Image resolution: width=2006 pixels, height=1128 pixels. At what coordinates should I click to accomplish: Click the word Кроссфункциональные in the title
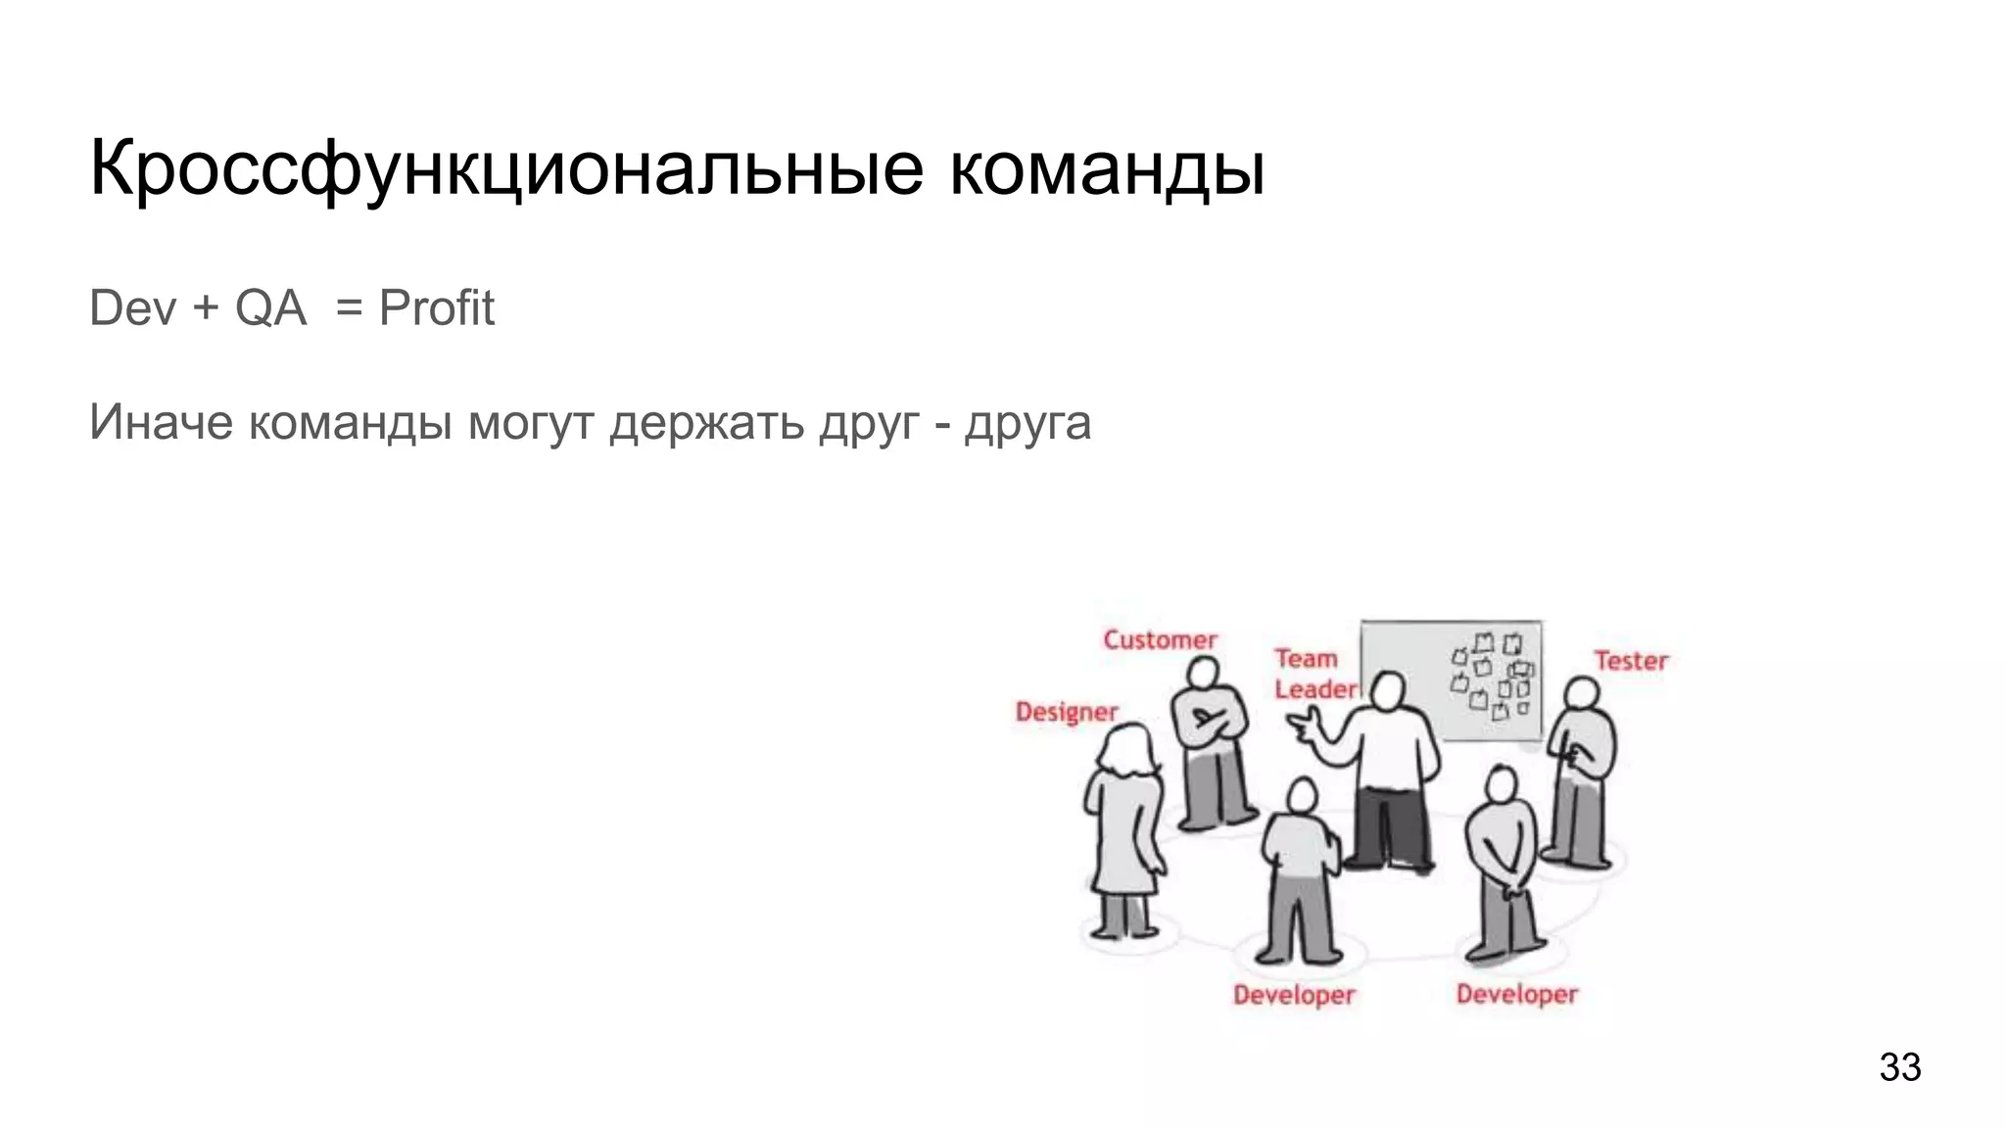coord(505,168)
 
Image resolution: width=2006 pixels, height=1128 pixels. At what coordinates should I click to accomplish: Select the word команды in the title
coord(1107,168)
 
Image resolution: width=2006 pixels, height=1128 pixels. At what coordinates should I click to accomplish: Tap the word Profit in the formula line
coord(436,308)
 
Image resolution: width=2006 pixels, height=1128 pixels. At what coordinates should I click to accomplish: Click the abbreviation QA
coord(270,308)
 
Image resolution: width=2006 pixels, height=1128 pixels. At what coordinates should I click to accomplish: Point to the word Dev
coord(133,308)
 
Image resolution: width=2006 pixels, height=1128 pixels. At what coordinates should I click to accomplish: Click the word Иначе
coord(161,423)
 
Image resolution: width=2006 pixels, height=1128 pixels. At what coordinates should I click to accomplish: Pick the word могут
coord(531,423)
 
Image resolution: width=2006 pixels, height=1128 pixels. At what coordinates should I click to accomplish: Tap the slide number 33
coord(1899,1066)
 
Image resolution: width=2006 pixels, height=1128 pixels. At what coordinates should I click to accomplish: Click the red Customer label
coord(1160,640)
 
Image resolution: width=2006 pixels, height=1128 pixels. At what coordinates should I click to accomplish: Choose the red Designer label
coord(1066,712)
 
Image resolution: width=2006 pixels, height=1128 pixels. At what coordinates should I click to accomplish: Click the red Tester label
coord(1630,661)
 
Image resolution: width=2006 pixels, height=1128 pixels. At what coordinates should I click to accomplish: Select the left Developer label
coord(1293,995)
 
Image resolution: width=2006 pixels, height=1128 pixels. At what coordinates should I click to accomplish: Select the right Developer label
coord(1516,994)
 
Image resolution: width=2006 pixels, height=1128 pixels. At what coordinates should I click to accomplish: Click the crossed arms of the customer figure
coord(1211,722)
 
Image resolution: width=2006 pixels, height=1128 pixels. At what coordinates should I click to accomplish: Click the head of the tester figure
coord(1581,694)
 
